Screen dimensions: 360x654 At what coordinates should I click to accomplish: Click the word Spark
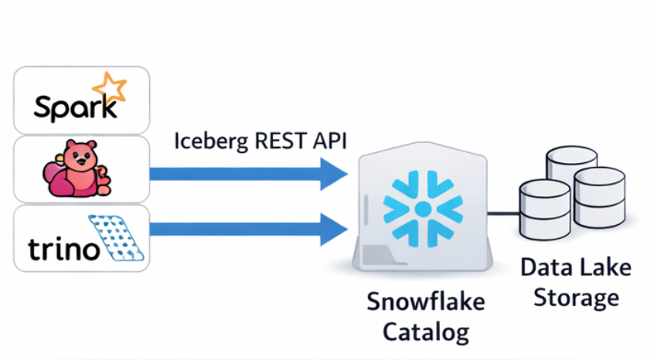point(71,106)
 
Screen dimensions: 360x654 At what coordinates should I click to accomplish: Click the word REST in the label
point(271,141)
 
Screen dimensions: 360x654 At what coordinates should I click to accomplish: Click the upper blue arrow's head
point(335,173)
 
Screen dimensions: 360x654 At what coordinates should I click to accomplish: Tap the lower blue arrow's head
point(335,228)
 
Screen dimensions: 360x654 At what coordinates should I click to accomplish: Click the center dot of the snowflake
point(422,209)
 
